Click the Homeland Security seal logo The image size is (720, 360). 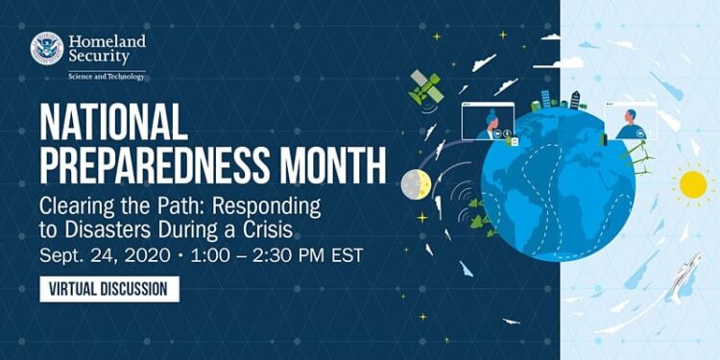tap(46, 48)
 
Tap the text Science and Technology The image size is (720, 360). tap(106, 76)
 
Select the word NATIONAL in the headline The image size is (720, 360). tap(113, 123)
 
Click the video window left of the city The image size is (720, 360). tap(488, 122)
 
